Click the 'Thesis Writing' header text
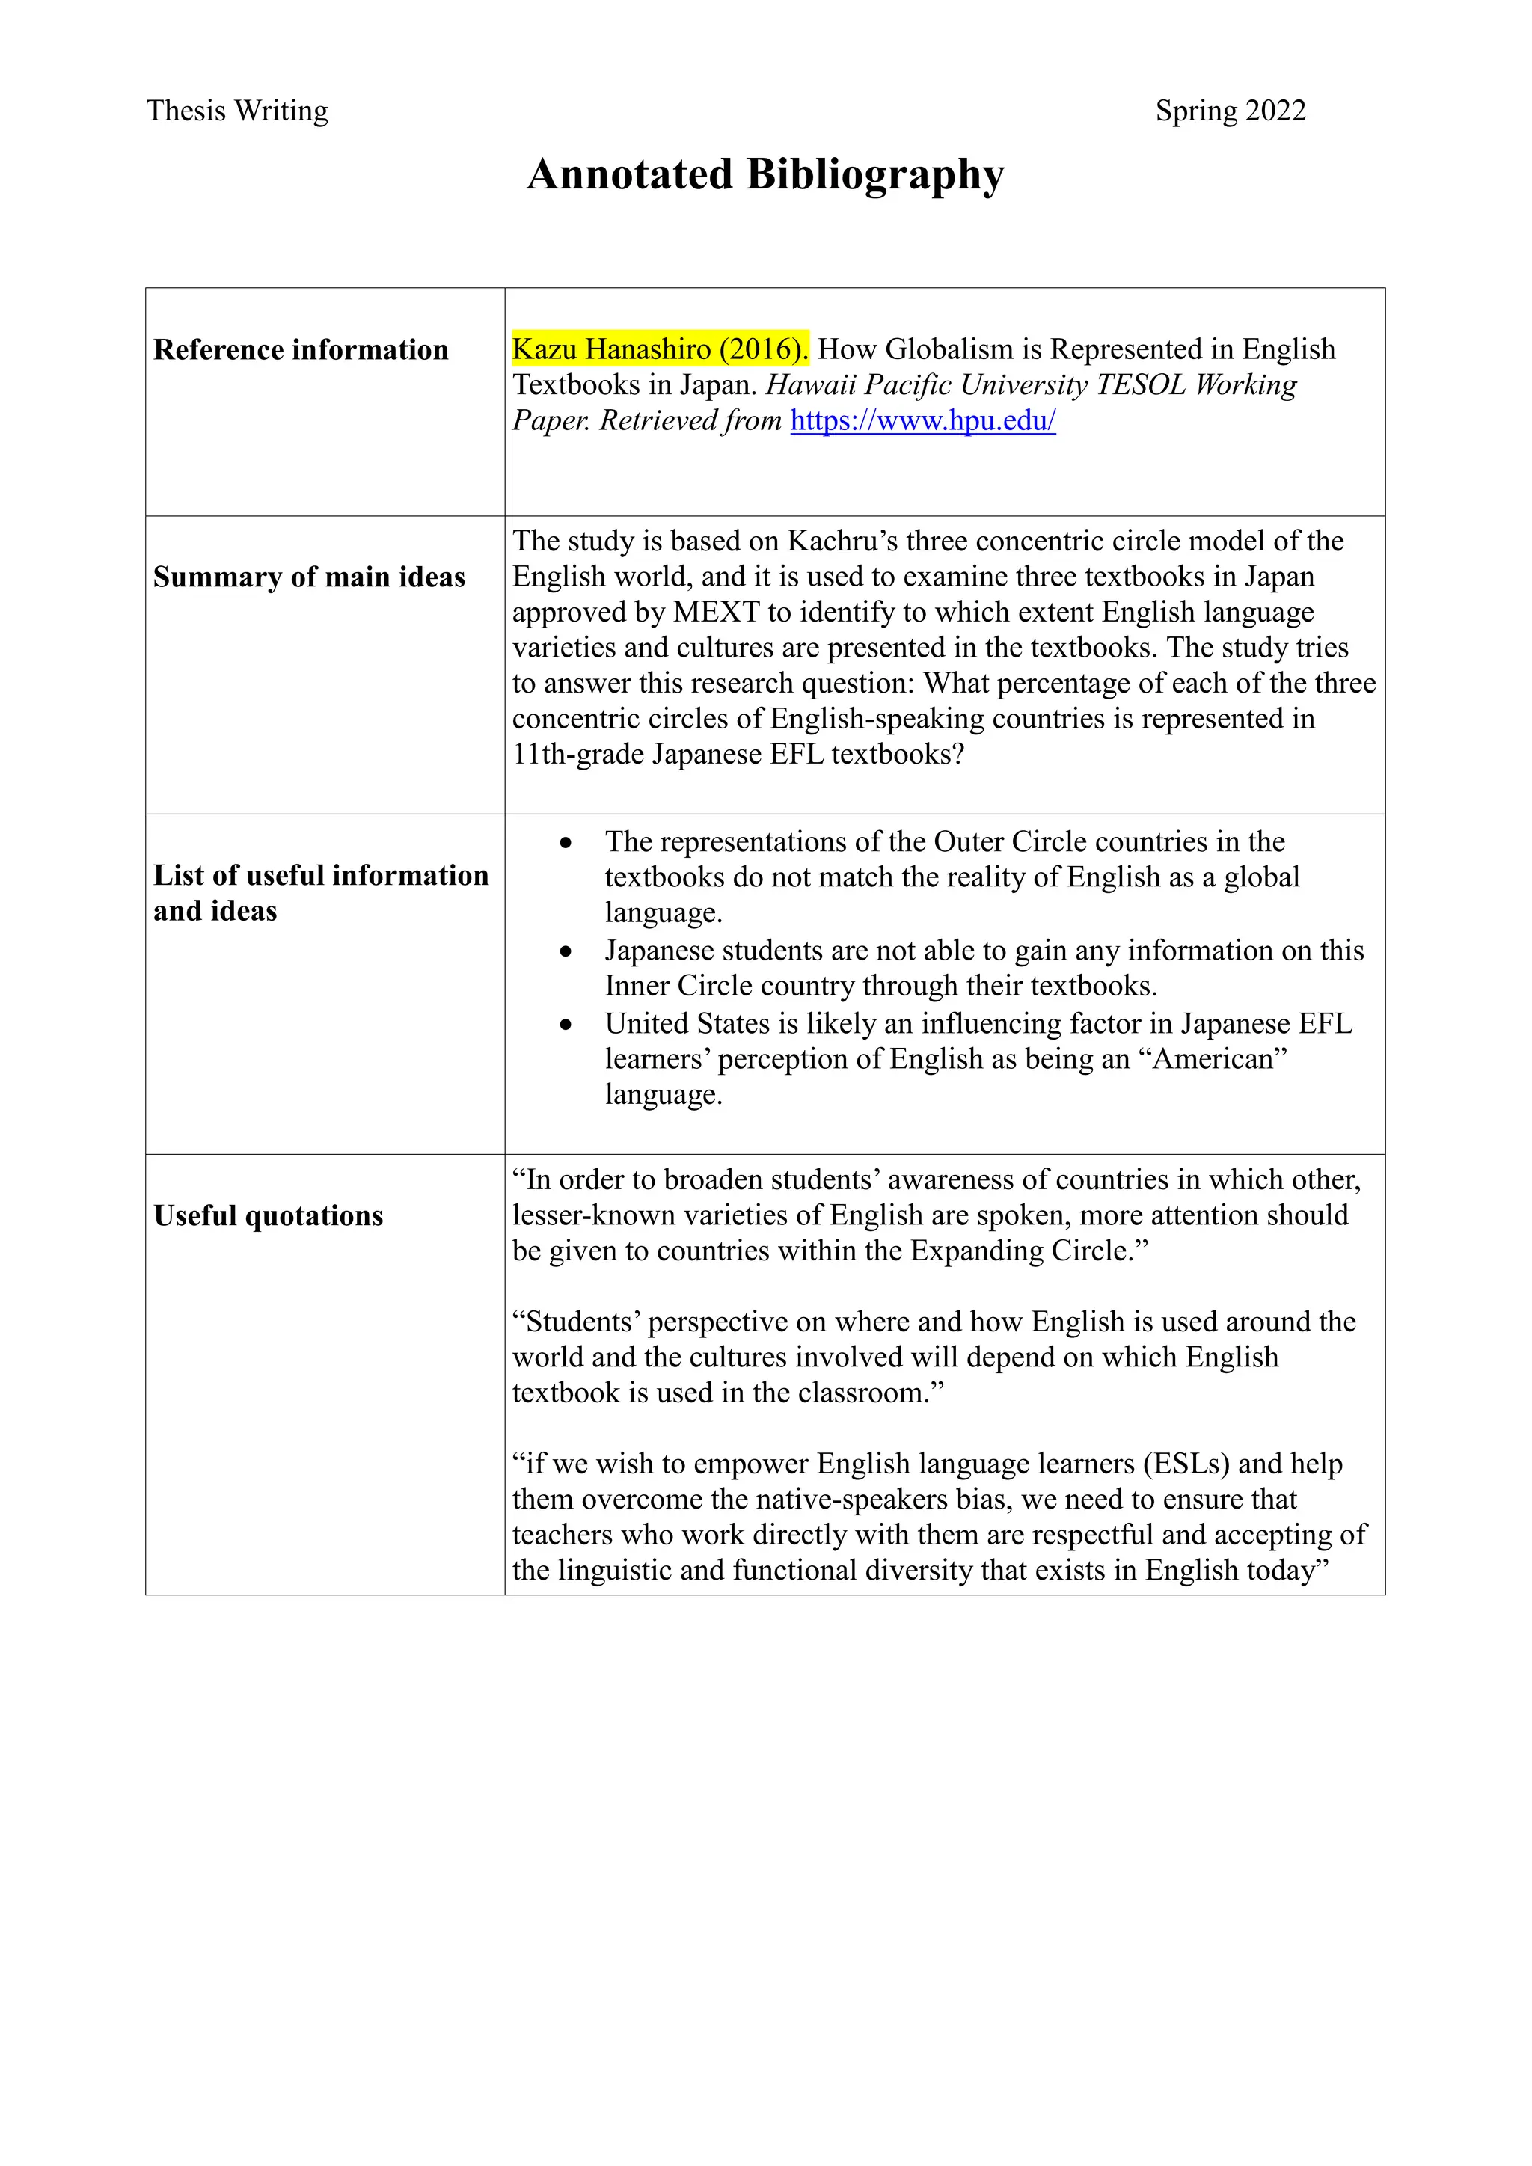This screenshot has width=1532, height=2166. (237, 111)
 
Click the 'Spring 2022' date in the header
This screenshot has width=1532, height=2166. (1230, 111)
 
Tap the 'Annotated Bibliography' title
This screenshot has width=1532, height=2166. (765, 174)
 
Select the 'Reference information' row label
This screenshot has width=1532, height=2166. (301, 350)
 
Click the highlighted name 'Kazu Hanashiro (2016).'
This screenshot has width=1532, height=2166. (659, 349)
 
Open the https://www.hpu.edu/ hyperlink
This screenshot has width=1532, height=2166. (922, 421)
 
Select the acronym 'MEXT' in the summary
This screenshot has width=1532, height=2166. (716, 613)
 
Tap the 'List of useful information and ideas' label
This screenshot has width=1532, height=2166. (321, 892)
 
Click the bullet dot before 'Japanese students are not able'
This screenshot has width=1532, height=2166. (565, 952)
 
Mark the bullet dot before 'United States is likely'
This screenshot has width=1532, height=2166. (565, 1025)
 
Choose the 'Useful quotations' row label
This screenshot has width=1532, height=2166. (269, 1216)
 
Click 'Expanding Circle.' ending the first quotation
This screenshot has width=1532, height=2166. (1029, 1251)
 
